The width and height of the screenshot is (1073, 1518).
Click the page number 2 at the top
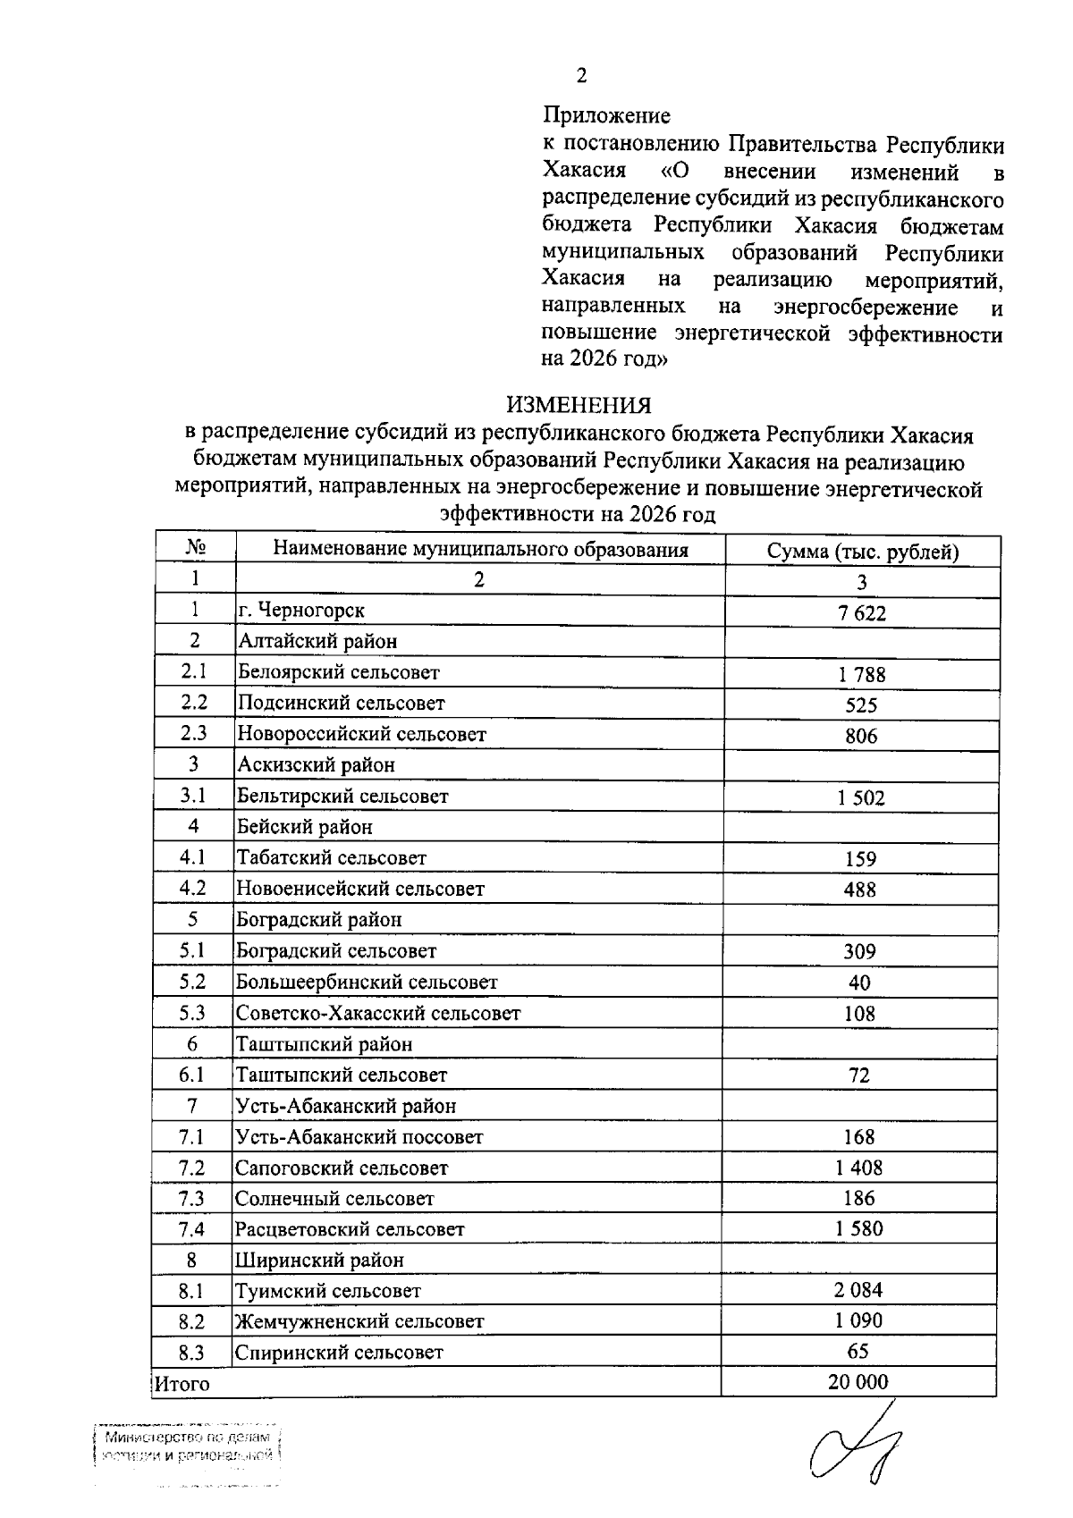581,75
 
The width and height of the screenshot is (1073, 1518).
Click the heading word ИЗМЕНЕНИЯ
579,406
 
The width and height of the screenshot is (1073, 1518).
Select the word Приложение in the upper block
606,115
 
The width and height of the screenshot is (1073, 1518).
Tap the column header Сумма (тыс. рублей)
862,552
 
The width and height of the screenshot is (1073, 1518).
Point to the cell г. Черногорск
301,611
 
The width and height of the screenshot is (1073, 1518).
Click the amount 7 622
862,613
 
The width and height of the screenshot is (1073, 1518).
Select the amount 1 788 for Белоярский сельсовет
862,675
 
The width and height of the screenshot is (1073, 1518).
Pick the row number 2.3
194,734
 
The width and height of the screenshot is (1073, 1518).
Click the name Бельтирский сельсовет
342,796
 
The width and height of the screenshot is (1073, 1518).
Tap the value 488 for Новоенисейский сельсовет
860,890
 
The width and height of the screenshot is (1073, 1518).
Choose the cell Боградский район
318,920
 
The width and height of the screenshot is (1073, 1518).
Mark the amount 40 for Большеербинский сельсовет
859,982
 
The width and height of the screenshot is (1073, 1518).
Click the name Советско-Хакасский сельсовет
377,1014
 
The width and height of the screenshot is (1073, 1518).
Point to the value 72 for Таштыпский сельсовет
858,1075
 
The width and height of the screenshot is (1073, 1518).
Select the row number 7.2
191,1168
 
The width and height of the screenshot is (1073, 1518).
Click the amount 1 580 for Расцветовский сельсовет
858,1229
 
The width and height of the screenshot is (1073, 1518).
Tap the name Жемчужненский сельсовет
359,1321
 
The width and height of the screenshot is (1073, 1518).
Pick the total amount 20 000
858,1382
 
